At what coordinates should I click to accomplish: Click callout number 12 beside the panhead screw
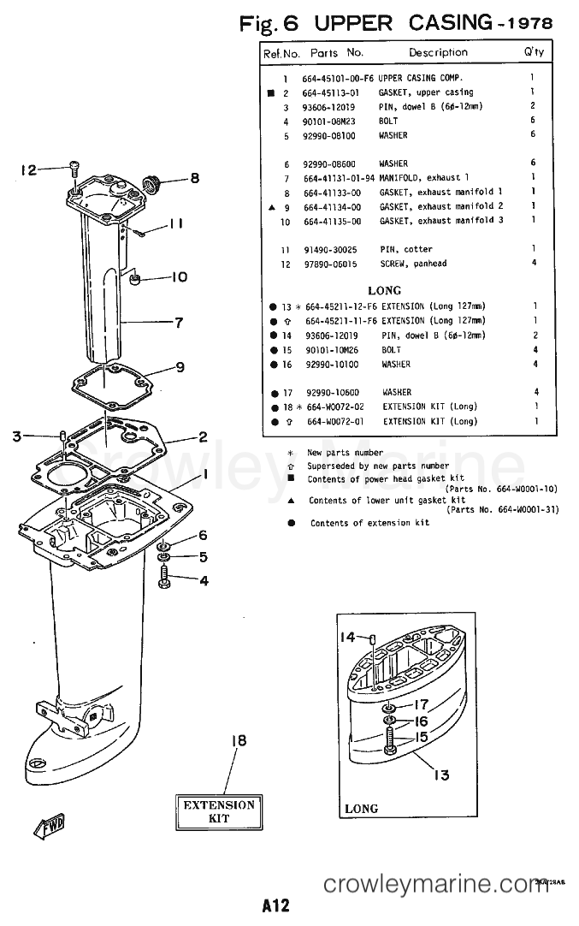coord(29,169)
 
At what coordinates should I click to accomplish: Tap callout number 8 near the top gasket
coord(194,179)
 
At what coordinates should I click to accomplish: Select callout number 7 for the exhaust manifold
coord(179,323)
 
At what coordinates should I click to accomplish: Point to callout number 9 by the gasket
coord(180,368)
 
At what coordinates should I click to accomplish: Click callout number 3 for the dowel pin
coord(17,436)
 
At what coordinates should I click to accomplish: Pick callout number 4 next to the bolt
coord(203,581)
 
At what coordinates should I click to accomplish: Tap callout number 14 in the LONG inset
coord(347,637)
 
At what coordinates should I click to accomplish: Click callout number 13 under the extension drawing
coord(440,775)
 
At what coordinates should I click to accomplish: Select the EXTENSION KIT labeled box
coord(219,811)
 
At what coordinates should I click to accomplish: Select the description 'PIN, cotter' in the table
coord(406,250)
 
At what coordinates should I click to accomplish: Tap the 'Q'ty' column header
coord(533,52)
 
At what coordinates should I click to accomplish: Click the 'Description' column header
coord(438,52)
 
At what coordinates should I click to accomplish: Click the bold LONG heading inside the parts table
coord(384,290)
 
